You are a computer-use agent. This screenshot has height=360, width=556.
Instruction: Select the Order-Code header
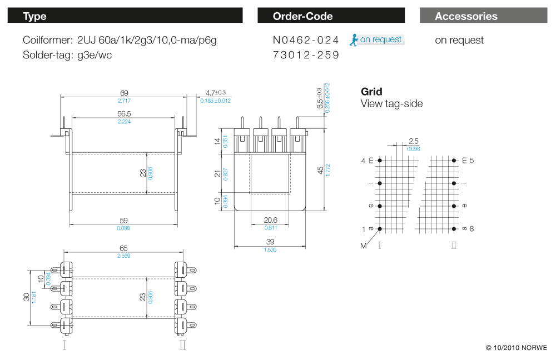pyautogui.click(x=331, y=16)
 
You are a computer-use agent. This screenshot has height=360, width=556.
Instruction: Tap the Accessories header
pyautogui.click(x=483, y=16)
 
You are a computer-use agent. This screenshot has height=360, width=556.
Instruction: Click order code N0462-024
pyautogui.click(x=306, y=40)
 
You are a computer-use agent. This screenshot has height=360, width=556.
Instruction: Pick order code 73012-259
pyautogui.click(x=306, y=56)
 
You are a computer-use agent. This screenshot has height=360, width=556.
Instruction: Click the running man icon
pyautogui.click(x=354, y=39)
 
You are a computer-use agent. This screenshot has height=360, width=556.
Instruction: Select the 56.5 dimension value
pyautogui.click(x=123, y=113)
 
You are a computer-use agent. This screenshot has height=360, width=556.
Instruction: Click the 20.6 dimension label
pyautogui.click(x=270, y=220)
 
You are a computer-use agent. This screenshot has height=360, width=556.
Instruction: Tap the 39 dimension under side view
pyautogui.click(x=270, y=242)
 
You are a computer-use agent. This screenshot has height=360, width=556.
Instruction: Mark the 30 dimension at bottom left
pyautogui.click(x=26, y=297)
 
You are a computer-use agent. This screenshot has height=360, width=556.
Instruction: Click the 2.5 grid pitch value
pyautogui.click(x=413, y=141)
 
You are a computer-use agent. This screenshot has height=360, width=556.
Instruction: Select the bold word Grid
pyautogui.click(x=371, y=92)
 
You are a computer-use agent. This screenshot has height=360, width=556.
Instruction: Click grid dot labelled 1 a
pyautogui.click(x=380, y=229)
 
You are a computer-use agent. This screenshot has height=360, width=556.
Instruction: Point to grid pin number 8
pyautogui.click(x=471, y=228)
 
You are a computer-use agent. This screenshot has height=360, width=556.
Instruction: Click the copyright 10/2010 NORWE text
pyautogui.click(x=517, y=348)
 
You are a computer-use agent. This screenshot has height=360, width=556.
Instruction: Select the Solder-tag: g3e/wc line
pyautogui.click(x=67, y=56)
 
